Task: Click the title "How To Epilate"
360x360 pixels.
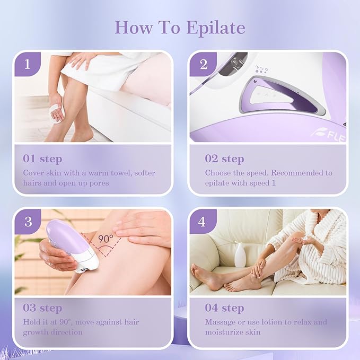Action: click(180, 27)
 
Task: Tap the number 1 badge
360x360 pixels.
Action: click(27, 65)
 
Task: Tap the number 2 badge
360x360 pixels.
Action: click(204, 65)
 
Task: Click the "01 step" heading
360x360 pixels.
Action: click(42, 159)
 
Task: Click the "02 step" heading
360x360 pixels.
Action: click(224, 159)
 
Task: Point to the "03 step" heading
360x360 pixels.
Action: click(42, 308)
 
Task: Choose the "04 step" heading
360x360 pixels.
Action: click(224, 308)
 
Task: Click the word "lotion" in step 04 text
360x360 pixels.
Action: click(270, 322)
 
